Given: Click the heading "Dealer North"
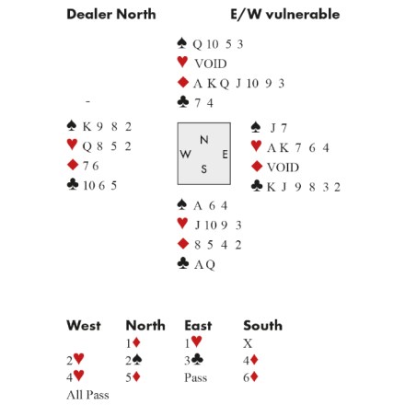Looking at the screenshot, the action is (x=111, y=14).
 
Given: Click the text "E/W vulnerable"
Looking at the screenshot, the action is (x=285, y=14).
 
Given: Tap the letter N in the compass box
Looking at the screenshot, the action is (x=204, y=140).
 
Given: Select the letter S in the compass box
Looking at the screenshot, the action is (x=204, y=168).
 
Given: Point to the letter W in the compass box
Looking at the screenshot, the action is (x=185, y=154).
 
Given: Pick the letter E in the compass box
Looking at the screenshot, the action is (x=225, y=155).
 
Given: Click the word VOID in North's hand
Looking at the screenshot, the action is (x=211, y=64).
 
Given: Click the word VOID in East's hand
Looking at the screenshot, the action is (x=283, y=168).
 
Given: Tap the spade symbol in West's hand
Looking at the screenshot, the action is (x=72, y=125).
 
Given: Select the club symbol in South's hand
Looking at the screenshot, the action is (x=183, y=263).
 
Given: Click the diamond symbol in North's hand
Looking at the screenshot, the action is (x=183, y=82).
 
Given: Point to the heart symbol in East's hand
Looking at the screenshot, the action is (x=256, y=146).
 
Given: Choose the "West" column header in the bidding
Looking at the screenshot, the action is (x=84, y=326).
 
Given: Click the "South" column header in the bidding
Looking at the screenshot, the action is (x=262, y=326).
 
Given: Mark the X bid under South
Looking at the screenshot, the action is (x=248, y=343).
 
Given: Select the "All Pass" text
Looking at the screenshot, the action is (x=87, y=395).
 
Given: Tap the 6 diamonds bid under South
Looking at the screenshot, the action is (x=250, y=377).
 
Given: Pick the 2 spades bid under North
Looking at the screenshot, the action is (x=133, y=360).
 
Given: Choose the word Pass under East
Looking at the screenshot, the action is (x=196, y=377).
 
